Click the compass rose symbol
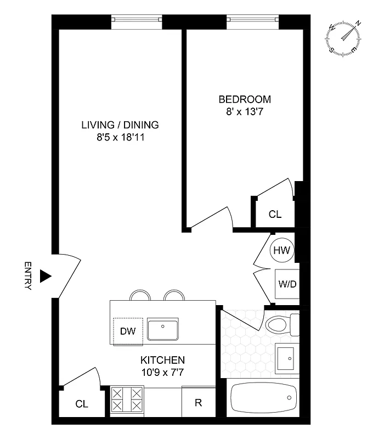344,38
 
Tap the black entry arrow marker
46,275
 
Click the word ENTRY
29,275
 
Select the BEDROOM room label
245,99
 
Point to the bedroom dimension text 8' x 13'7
245,111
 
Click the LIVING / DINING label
120,125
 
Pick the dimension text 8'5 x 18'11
120,137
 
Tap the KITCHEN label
162,361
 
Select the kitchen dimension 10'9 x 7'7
162,373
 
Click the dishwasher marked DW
128,331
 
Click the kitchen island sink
163,330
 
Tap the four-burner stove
127,399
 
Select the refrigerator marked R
198,403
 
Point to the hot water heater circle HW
282,250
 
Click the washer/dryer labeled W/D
286,285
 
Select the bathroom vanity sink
287,358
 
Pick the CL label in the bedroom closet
275,215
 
